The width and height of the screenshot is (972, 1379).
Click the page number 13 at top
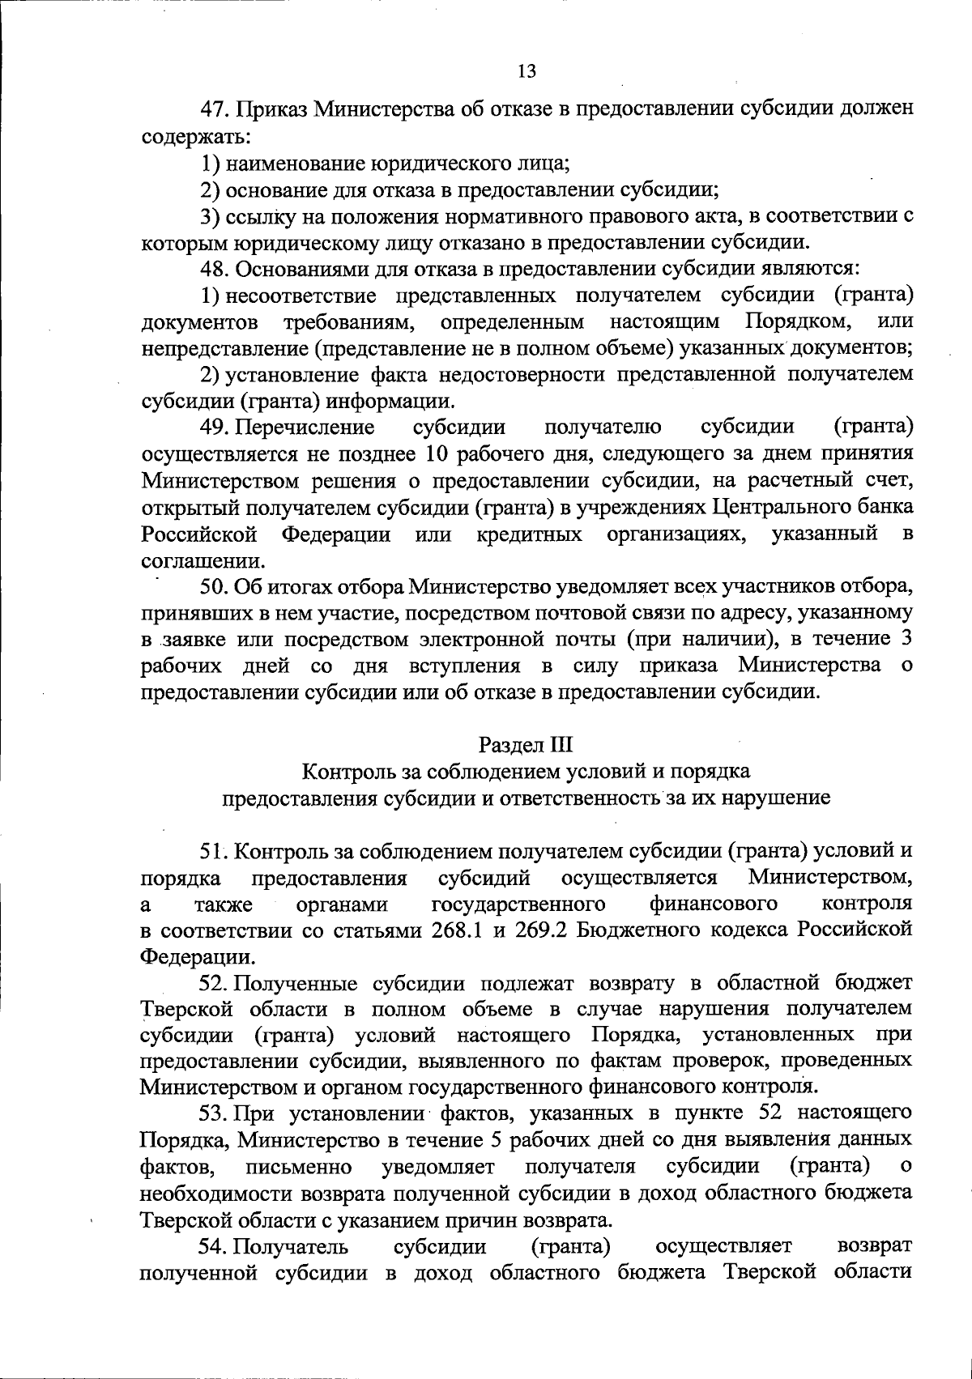click(526, 71)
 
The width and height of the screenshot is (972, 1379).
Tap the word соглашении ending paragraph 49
click(202, 560)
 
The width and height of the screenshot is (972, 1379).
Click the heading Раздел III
click(526, 744)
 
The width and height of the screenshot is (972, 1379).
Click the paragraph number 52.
click(214, 983)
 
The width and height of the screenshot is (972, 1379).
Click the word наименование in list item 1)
click(296, 163)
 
